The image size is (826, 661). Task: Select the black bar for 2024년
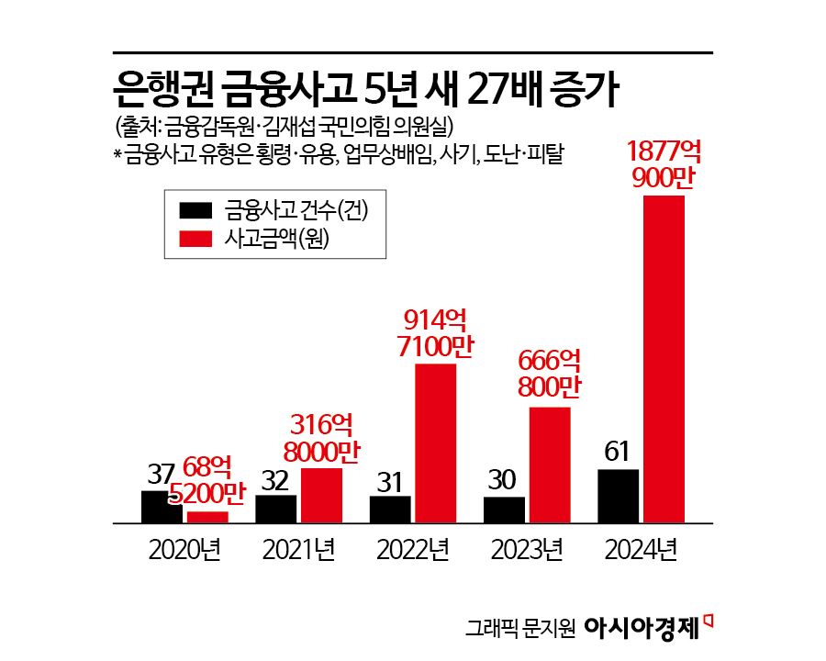pyautogui.click(x=617, y=497)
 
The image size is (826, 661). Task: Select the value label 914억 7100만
pyautogui.click(x=435, y=334)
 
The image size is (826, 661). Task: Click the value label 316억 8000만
pyautogui.click(x=320, y=438)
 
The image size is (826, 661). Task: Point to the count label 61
pyautogui.click(x=617, y=452)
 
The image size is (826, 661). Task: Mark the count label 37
pyautogui.click(x=161, y=475)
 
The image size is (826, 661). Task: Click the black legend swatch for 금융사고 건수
pyautogui.click(x=195, y=210)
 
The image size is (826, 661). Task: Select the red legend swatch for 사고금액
pyautogui.click(x=195, y=238)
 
